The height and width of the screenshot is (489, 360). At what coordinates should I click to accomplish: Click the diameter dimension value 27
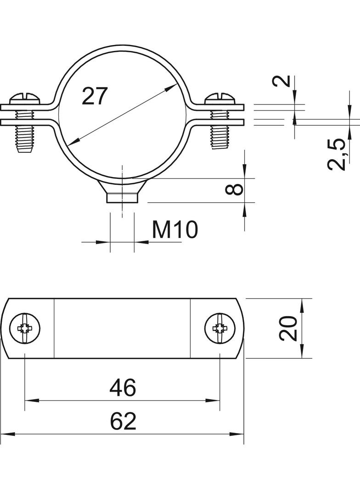click(95, 96)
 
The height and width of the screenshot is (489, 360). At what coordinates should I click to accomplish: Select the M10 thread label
click(175, 229)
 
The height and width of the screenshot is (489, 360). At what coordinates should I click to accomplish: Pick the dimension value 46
click(123, 388)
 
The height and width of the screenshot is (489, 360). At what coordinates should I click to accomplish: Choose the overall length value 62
click(123, 421)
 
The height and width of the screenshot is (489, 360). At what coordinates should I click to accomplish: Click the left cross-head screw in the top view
click(25, 328)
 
